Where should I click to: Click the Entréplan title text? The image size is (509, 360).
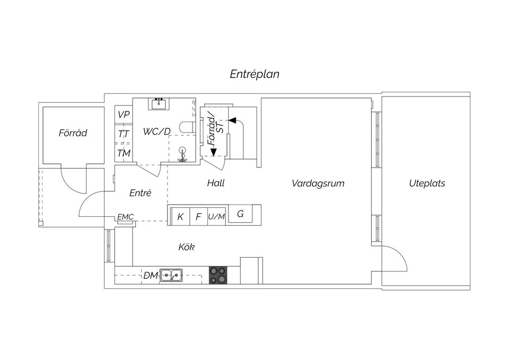[x=254, y=74]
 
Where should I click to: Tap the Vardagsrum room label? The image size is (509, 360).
[x=318, y=183]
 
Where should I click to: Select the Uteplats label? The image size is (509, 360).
[x=427, y=183]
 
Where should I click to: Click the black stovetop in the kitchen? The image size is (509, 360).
[x=218, y=275]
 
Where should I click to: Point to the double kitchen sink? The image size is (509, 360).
[x=171, y=275]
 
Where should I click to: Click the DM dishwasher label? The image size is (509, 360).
[x=151, y=276]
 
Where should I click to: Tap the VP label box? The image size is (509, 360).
[x=124, y=115]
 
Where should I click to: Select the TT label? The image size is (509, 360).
[x=124, y=134]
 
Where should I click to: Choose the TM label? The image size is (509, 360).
[x=124, y=153]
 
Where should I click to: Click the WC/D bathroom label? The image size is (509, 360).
[x=157, y=131]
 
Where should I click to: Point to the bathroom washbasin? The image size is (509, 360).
[x=159, y=104]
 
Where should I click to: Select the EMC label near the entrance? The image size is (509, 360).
[x=125, y=217]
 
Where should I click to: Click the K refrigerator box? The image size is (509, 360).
[x=180, y=216]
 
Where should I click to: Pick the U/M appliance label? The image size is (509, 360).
[x=216, y=216]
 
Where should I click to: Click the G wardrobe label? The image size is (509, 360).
[x=240, y=214]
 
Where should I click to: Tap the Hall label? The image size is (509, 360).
[x=216, y=183]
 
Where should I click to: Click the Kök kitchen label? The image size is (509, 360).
[x=186, y=247]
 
